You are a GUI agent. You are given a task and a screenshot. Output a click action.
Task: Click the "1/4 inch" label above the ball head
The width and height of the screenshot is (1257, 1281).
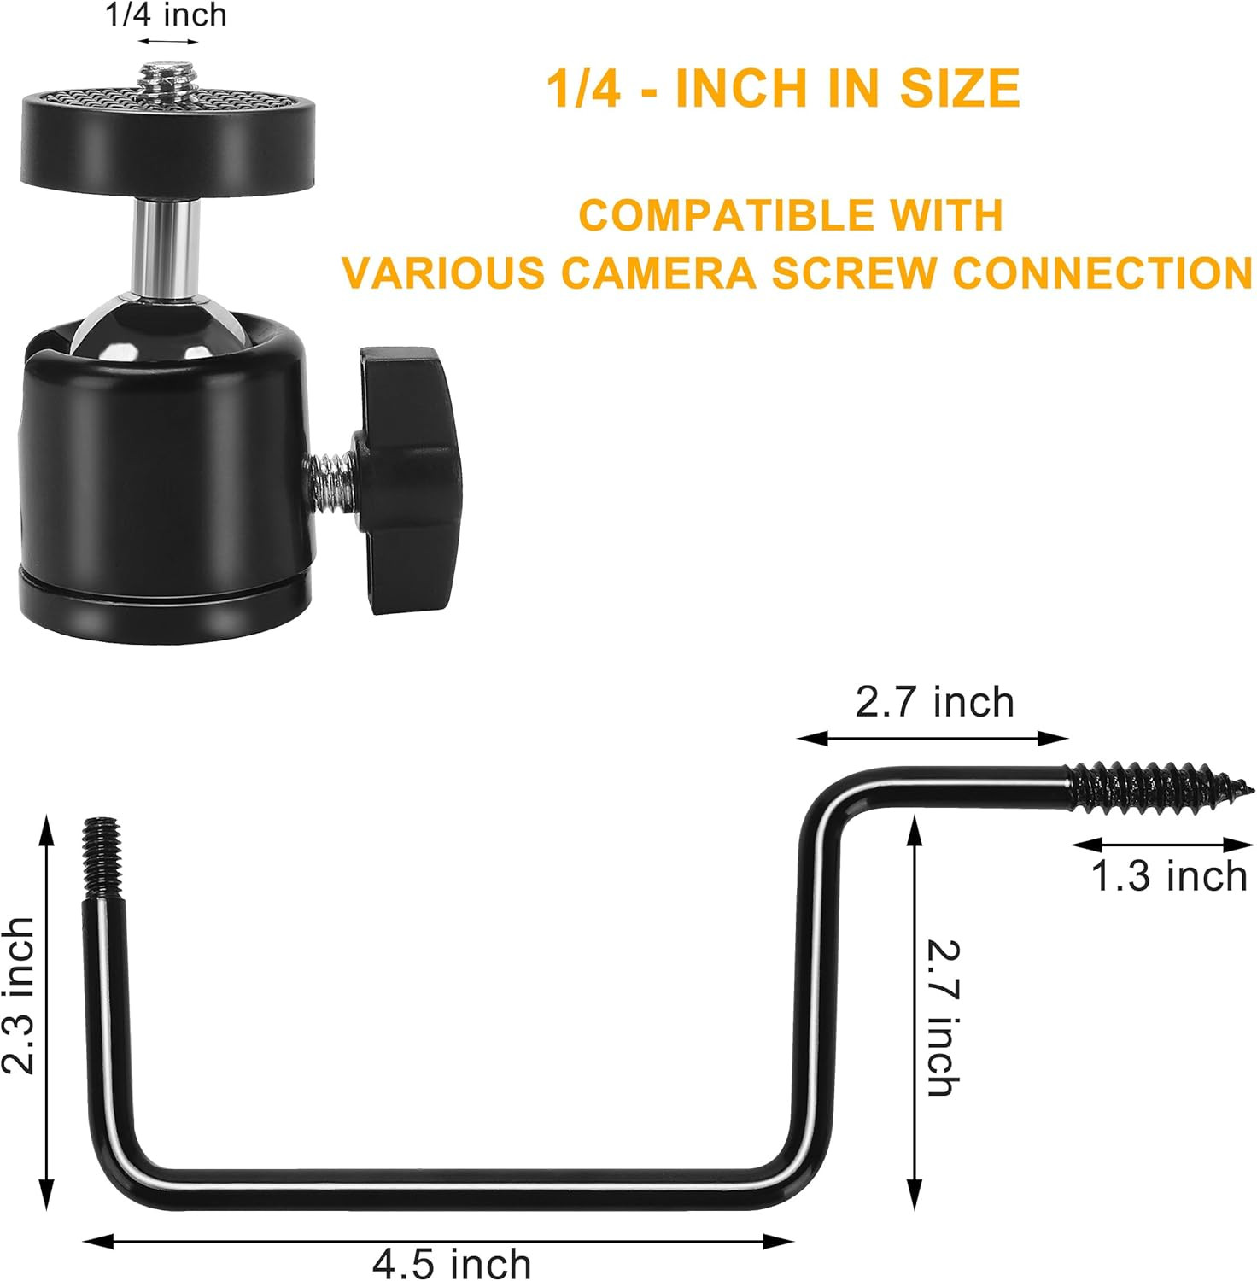point(167,15)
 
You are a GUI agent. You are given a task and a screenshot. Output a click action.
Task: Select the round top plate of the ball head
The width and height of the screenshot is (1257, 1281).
point(168,132)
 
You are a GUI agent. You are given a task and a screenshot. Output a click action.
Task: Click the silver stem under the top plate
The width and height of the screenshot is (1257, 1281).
point(167,243)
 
